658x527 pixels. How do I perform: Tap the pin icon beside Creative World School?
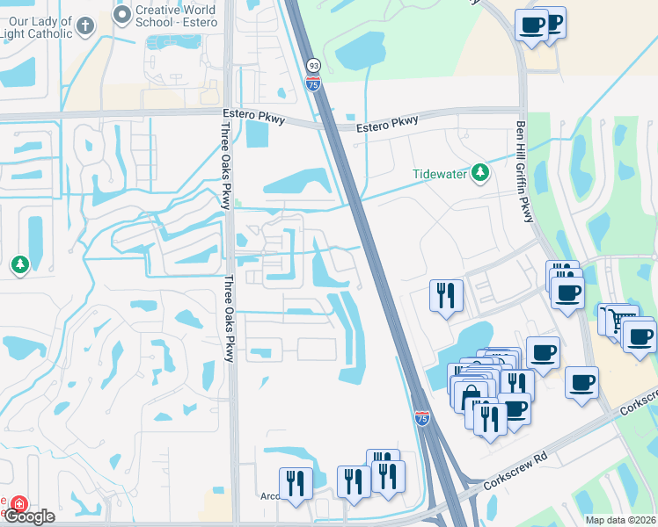(x=121, y=13)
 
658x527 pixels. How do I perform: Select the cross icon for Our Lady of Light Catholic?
(x=84, y=26)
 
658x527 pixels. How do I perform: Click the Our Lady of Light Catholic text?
(x=36, y=26)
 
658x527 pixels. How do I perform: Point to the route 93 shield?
(x=313, y=66)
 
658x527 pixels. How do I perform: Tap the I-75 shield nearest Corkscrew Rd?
(x=422, y=419)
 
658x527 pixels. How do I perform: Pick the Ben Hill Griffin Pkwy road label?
(x=524, y=170)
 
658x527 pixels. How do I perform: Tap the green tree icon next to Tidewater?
(x=479, y=173)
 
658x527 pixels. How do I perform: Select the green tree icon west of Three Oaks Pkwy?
(x=19, y=264)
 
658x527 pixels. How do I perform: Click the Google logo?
(x=30, y=516)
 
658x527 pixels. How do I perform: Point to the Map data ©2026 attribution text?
(x=619, y=520)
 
